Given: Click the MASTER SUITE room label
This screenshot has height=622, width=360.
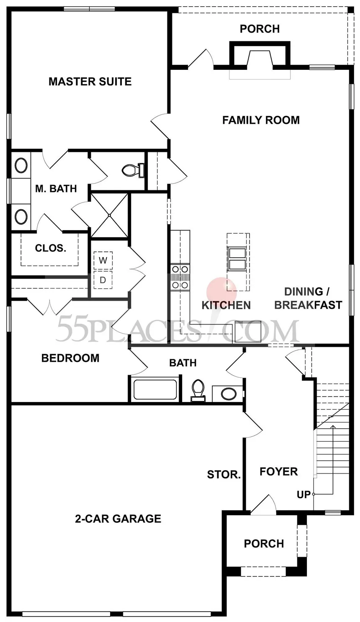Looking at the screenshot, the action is pos(90,82).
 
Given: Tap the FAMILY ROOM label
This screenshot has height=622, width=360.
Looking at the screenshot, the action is pos(261,120).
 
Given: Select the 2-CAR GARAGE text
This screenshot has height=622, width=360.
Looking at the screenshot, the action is pos(118,518).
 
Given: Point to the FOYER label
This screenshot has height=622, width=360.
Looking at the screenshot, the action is pos(278,471).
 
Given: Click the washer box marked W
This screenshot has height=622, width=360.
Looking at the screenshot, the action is pos(103,261).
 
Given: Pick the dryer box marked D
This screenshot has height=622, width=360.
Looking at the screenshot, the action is pos(103,280).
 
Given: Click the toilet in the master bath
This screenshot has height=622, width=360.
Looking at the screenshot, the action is pos(133,169).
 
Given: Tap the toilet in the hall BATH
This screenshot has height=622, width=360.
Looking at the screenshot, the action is pos(198,390).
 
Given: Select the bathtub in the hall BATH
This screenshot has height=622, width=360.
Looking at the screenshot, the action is pos(155,389).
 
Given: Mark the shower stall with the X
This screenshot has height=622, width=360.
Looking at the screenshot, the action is pos(110,215).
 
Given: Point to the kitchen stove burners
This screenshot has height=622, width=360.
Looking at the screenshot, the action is pos(180,277).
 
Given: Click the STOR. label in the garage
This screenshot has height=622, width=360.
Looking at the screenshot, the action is pos(224,475).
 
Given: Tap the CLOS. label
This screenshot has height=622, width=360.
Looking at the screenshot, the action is pos(51,248).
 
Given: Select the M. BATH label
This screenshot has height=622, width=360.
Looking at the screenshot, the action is pos(56,189).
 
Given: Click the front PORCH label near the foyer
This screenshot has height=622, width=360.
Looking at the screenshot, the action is pos(264,543).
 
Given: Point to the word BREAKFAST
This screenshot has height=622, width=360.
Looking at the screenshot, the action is pos(308,305).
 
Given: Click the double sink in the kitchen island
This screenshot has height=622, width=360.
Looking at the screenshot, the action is pos(237,259).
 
